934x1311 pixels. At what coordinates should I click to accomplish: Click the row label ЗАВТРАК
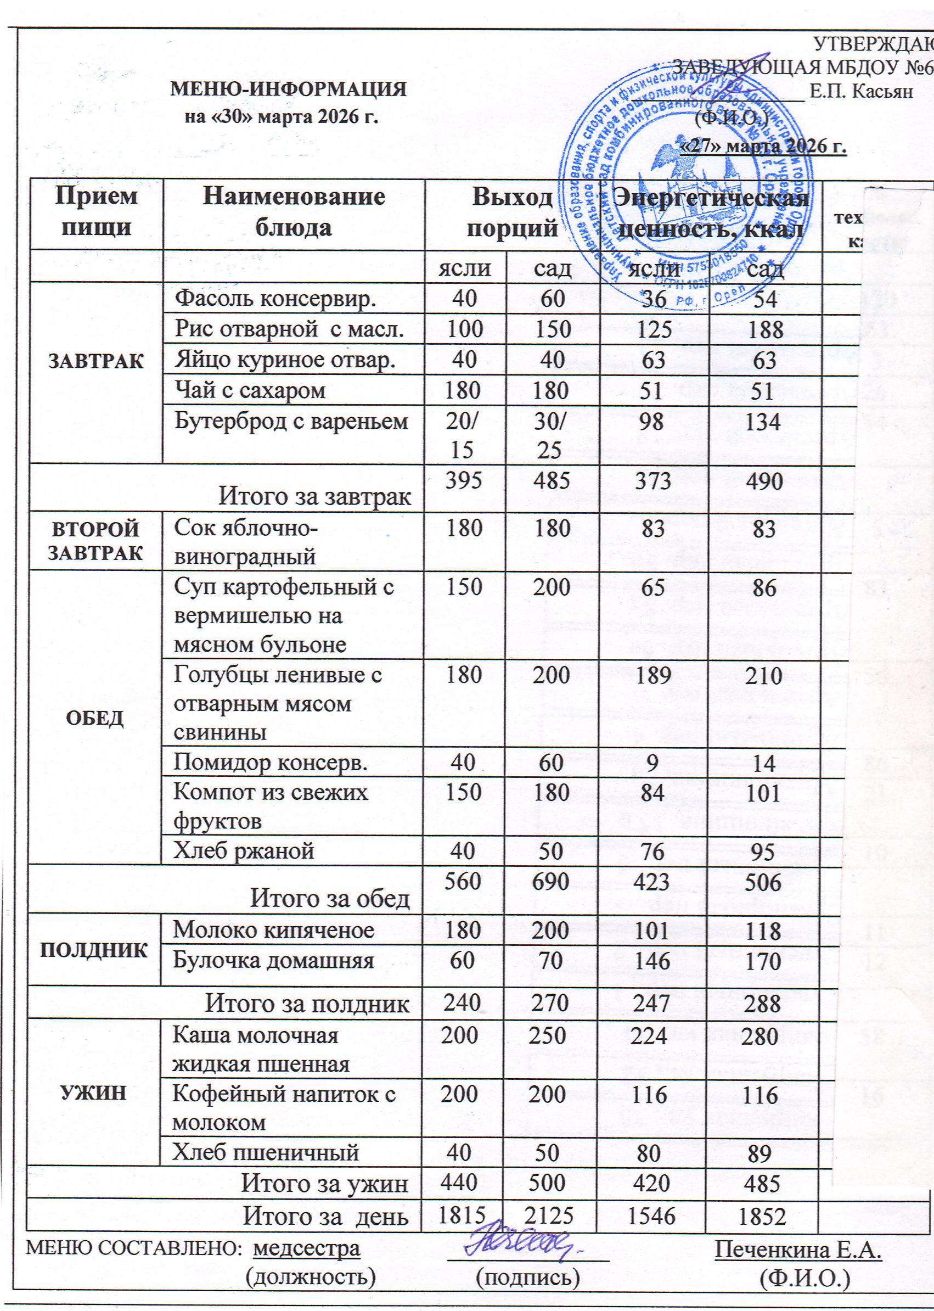tap(95, 361)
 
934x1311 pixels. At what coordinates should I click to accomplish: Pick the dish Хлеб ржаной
tap(245, 850)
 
